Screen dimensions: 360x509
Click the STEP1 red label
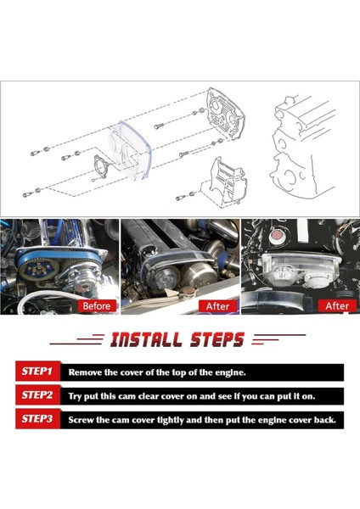pos(37,371)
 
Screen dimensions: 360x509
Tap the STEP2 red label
pos(37,395)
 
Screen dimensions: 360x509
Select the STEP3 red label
pos(37,419)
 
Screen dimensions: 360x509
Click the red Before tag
pos(97,305)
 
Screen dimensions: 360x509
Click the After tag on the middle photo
pos(217,306)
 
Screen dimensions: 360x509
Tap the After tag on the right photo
pos(337,305)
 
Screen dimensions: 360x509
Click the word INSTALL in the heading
pos(145,340)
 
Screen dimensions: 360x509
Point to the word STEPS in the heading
pos(217,340)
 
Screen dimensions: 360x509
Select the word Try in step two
pos(75,397)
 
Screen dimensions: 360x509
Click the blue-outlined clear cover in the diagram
pos(129,150)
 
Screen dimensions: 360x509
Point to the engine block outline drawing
pos(302,146)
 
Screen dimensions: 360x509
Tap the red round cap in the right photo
pos(277,234)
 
